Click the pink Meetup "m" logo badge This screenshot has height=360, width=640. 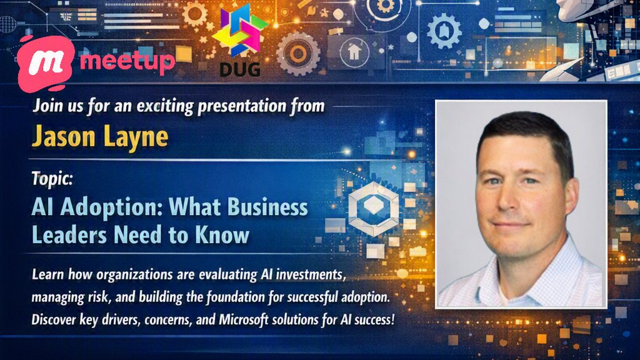pyautogui.click(x=46, y=63)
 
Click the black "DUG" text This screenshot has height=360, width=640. pyautogui.click(x=240, y=69)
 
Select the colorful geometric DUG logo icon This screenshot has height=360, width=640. pyautogui.click(x=239, y=31)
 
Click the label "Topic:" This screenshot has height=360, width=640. pyautogui.click(x=52, y=179)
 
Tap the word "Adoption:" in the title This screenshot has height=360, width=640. pyautogui.click(x=110, y=208)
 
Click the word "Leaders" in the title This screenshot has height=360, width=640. pyautogui.click(x=69, y=235)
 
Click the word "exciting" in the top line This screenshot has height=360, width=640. pyautogui.click(x=165, y=106)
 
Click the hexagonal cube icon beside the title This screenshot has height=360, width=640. pyautogui.click(x=373, y=209)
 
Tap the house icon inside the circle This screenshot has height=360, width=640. pyautogui.click(x=354, y=52)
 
